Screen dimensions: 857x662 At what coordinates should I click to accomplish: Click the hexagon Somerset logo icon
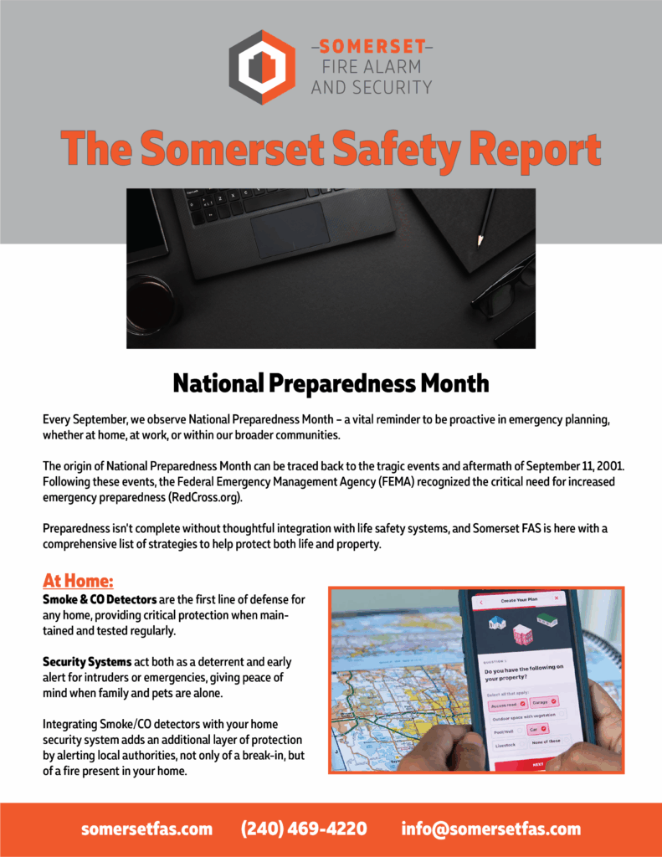tap(262, 66)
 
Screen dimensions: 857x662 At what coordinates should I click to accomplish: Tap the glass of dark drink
tap(151, 303)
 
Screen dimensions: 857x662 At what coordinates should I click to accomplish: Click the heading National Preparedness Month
tap(331, 383)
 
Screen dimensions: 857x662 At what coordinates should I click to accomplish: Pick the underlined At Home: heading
tap(78, 581)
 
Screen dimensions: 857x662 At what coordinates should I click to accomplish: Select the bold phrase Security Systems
tap(87, 662)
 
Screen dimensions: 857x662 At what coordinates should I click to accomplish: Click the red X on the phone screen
tap(481, 602)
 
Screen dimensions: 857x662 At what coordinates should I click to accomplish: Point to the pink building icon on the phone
tap(522, 634)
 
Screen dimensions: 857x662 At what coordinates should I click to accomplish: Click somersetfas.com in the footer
tap(146, 829)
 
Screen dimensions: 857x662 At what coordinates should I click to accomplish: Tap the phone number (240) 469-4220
tap(304, 829)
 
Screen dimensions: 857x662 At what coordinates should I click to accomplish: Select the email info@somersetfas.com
tap(490, 829)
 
